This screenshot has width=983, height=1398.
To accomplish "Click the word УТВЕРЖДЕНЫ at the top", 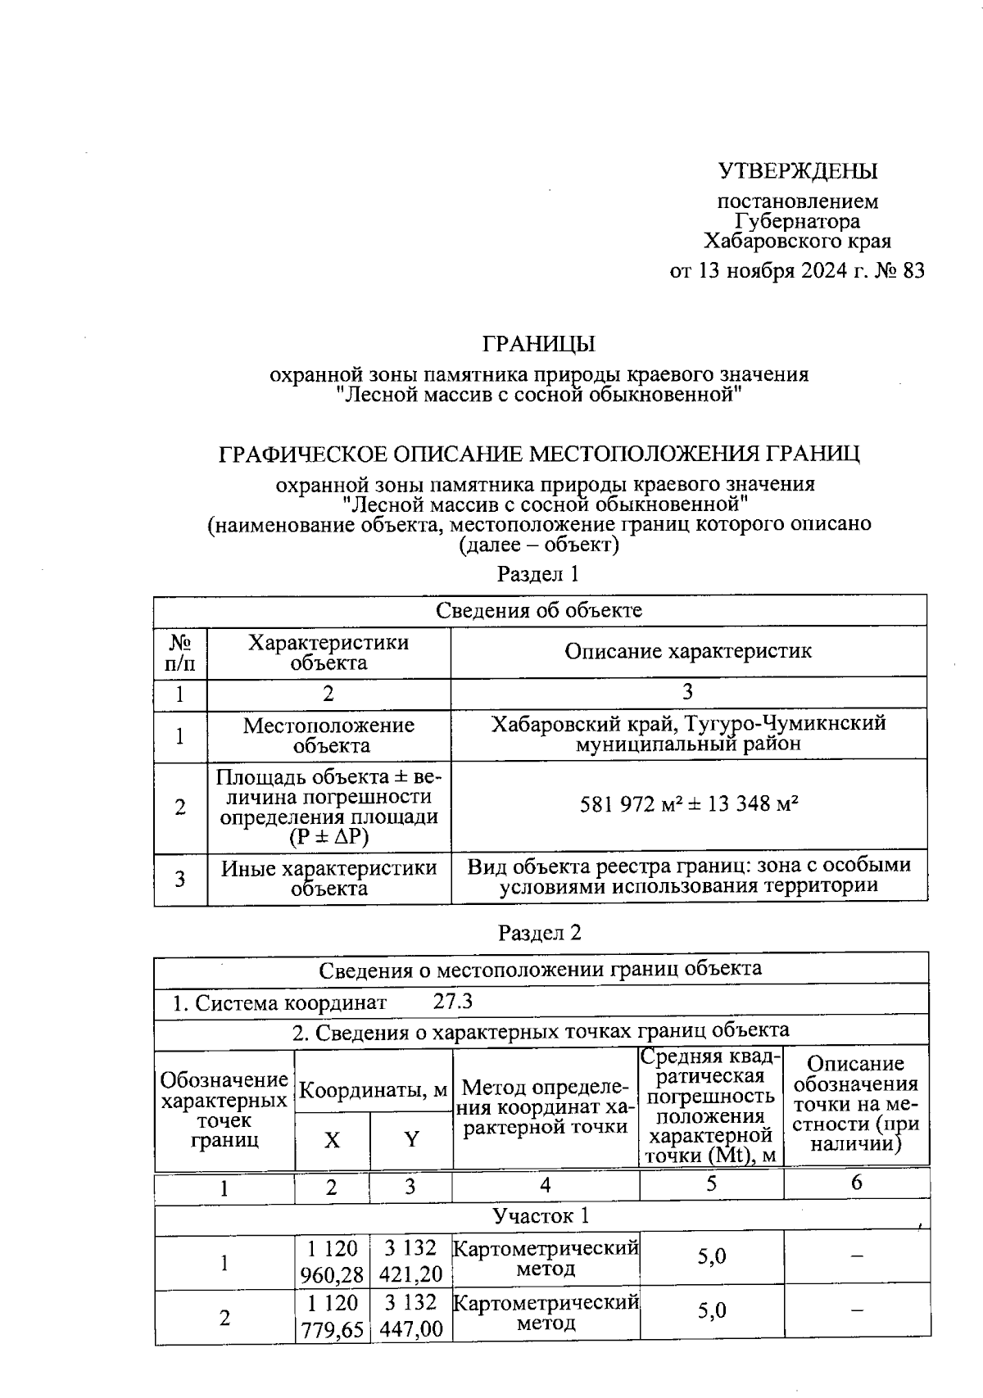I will click(798, 171).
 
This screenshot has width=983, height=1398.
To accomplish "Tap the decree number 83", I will click(913, 271).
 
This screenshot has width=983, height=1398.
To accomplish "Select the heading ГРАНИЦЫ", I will click(538, 344).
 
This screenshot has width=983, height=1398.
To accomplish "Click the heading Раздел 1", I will click(538, 574).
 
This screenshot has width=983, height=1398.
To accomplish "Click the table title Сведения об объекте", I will click(539, 610).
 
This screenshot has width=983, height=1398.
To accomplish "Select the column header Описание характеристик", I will click(688, 652).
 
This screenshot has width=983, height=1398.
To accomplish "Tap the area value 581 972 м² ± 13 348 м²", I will click(689, 804).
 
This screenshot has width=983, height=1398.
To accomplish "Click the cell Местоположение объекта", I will click(328, 735).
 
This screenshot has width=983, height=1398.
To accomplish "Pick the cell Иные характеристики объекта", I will click(328, 878).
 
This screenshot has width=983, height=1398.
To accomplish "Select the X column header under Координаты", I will click(332, 1140).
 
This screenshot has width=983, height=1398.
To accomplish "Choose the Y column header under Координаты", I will click(411, 1140).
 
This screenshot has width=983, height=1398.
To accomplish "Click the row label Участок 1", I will click(541, 1216).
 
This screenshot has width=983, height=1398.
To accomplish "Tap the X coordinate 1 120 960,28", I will click(332, 1262).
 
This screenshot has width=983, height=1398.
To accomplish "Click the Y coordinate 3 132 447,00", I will click(411, 1317).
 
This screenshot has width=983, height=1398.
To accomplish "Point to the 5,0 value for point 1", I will click(711, 1256).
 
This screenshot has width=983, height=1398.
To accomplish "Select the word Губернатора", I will click(798, 221).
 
